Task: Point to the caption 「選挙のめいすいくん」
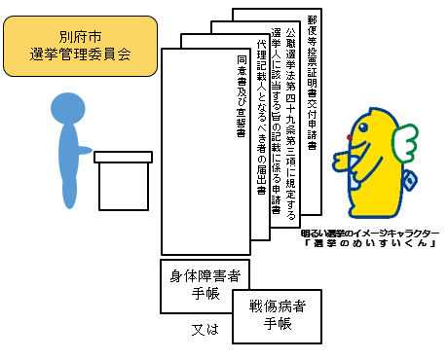(x=369, y=249)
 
